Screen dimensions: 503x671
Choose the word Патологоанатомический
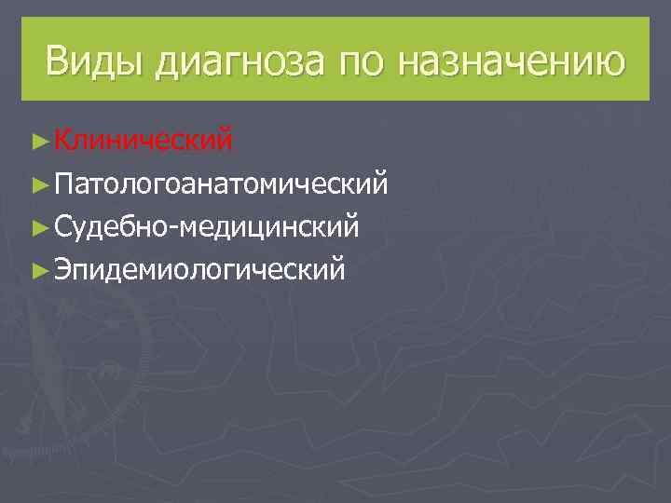(222, 183)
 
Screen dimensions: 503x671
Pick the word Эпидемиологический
(199, 269)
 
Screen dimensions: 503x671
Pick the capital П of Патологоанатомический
(64, 183)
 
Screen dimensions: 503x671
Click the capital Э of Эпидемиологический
(63, 269)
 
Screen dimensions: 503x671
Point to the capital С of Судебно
(63, 226)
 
